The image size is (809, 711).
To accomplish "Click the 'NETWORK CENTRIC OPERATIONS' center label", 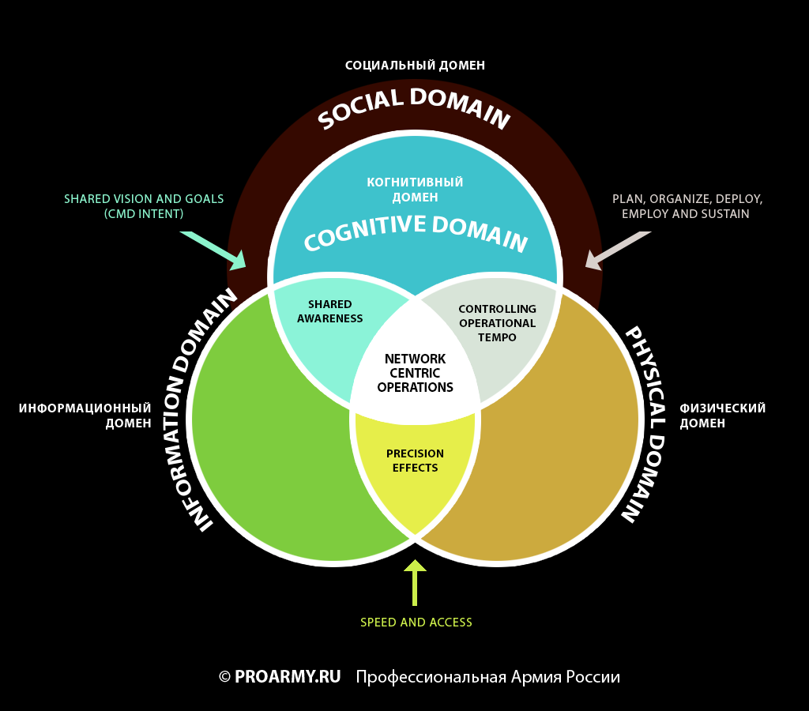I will point(415,373).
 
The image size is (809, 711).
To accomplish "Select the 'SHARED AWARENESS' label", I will point(329,311).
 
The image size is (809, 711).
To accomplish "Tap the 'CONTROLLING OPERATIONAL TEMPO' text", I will point(497,323).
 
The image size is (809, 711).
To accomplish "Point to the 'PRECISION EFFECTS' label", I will point(415,461).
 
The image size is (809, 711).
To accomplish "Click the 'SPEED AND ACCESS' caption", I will point(416,623).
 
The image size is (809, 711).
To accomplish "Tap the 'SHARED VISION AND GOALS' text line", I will point(144,199).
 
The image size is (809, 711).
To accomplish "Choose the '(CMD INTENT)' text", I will point(144,214).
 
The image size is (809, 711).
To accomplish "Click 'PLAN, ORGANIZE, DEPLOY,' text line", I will point(687,199).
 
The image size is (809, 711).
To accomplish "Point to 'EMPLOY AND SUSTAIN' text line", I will point(686,214).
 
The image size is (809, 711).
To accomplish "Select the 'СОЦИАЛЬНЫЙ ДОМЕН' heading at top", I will point(415,66).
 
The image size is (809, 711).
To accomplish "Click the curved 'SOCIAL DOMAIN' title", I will point(414,107).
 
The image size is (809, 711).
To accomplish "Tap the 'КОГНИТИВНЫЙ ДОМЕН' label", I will point(415,190).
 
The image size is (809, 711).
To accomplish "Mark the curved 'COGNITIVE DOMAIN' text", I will point(415,231).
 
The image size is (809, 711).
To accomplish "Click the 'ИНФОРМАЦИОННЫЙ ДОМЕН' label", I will point(85,416).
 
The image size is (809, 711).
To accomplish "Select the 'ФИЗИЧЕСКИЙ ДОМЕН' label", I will point(722,416).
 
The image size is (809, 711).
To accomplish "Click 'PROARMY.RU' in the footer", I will point(288,677).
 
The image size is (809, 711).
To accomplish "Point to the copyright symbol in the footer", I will point(224,677).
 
